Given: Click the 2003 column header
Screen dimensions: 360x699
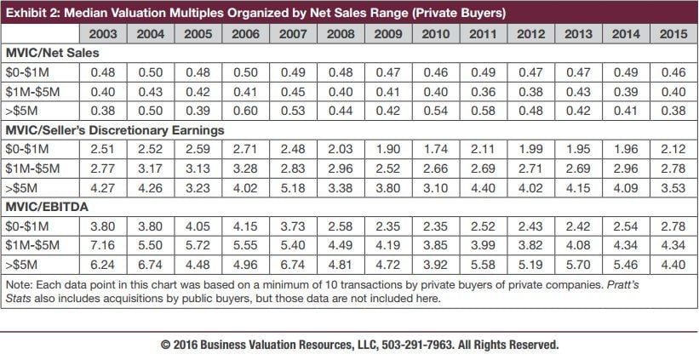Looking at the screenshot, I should [x=102, y=34].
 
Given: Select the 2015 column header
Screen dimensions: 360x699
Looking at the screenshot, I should [x=673, y=34].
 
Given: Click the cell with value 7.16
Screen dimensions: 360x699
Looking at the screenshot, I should [x=102, y=245].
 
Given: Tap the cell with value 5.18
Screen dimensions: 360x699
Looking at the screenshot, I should [x=293, y=188].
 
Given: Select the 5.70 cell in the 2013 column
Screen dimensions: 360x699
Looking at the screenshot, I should [x=578, y=265].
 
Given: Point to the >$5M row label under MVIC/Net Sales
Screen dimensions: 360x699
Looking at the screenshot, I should [x=20, y=111].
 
